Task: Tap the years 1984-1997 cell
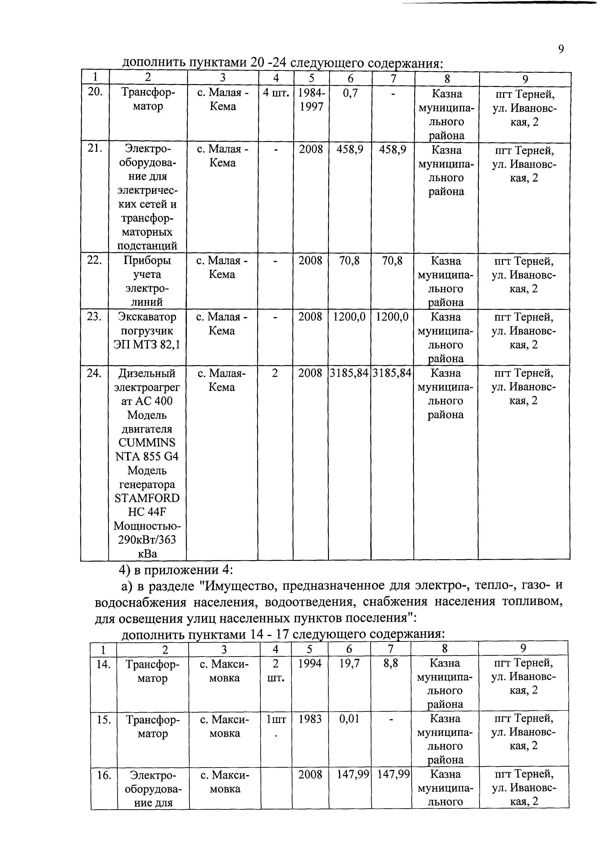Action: point(311,99)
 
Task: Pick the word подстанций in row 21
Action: point(147,246)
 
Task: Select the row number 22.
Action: point(94,260)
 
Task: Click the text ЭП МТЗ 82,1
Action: point(147,344)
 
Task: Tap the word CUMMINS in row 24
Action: point(147,442)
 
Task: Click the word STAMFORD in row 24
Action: point(147,498)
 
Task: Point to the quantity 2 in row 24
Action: point(275,373)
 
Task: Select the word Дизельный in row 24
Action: point(147,373)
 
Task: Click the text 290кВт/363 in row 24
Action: point(147,539)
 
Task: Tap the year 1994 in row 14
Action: point(310,663)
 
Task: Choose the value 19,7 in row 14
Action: point(349,663)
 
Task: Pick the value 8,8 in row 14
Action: point(391,663)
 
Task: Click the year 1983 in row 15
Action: point(310,719)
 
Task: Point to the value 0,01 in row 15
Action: point(349,719)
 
